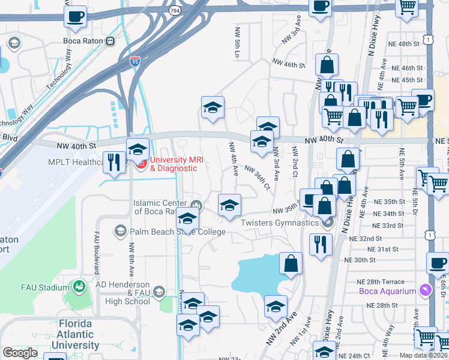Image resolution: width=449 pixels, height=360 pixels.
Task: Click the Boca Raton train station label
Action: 83,41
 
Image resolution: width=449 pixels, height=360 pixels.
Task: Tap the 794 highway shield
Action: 174,11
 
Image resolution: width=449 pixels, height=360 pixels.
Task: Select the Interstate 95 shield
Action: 135,61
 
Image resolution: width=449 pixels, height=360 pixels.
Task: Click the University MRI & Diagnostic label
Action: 173,164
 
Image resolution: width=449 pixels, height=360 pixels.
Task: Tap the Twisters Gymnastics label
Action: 279,223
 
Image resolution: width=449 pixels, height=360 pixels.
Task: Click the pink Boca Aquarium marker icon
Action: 426,291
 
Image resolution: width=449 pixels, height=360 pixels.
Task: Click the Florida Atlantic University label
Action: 75,334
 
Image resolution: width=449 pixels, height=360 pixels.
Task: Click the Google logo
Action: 20,353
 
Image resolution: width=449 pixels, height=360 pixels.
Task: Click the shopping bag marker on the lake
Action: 291,263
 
